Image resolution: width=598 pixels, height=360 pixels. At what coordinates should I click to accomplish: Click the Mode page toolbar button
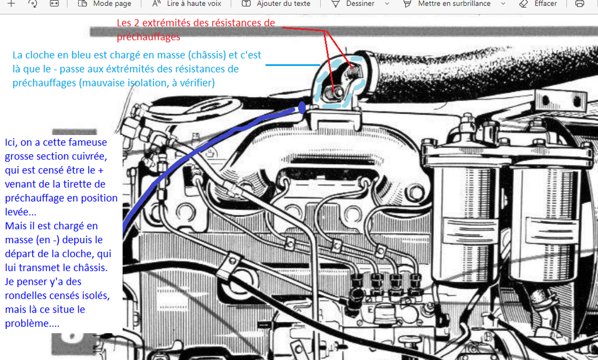pyautogui.click(x=105, y=4)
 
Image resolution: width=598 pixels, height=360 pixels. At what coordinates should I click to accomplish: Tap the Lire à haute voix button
pyautogui.click(x=186, y=4)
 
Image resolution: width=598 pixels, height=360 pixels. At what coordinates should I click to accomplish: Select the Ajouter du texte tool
pyautogui.click(x=276, y=4)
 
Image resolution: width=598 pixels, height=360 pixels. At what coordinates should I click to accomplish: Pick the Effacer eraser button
pyautogui.click(x=538, y=4)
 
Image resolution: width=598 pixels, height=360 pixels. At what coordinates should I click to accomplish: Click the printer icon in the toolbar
pyautogui.click(x=579, y=4)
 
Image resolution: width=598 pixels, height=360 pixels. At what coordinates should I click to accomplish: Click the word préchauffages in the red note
pyautogui.click(x=148, y=37)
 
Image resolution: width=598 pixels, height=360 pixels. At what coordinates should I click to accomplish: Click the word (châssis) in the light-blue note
pyautogui.click(x=207, y=55)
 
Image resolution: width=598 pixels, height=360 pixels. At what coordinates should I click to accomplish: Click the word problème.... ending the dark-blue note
pyautogui.click(x=32, y=324)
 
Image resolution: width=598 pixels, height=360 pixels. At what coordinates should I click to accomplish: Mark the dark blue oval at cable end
pyautogui.click(x=302, y=108)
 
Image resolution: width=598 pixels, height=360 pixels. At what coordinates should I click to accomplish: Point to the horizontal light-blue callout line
pyautogui.click(x=293, y=65)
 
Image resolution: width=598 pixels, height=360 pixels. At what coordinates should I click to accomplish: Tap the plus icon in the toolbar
pyautogui.click(x=12, y=4)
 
